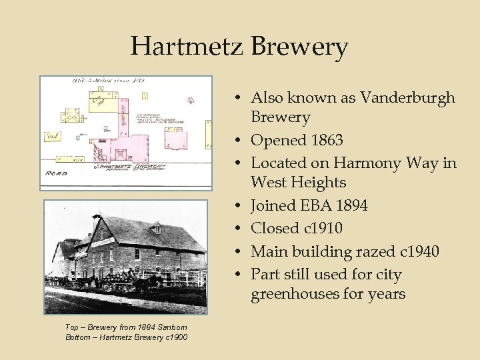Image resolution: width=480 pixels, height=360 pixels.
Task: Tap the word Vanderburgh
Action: click(408, 97)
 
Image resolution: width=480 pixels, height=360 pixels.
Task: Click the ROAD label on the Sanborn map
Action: click(56, 173)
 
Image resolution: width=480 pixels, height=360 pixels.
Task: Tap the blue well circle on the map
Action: click(77, 138)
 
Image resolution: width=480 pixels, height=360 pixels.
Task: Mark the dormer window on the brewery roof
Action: click(157, 229)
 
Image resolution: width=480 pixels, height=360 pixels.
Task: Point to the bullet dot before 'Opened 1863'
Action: click(237, 140)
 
